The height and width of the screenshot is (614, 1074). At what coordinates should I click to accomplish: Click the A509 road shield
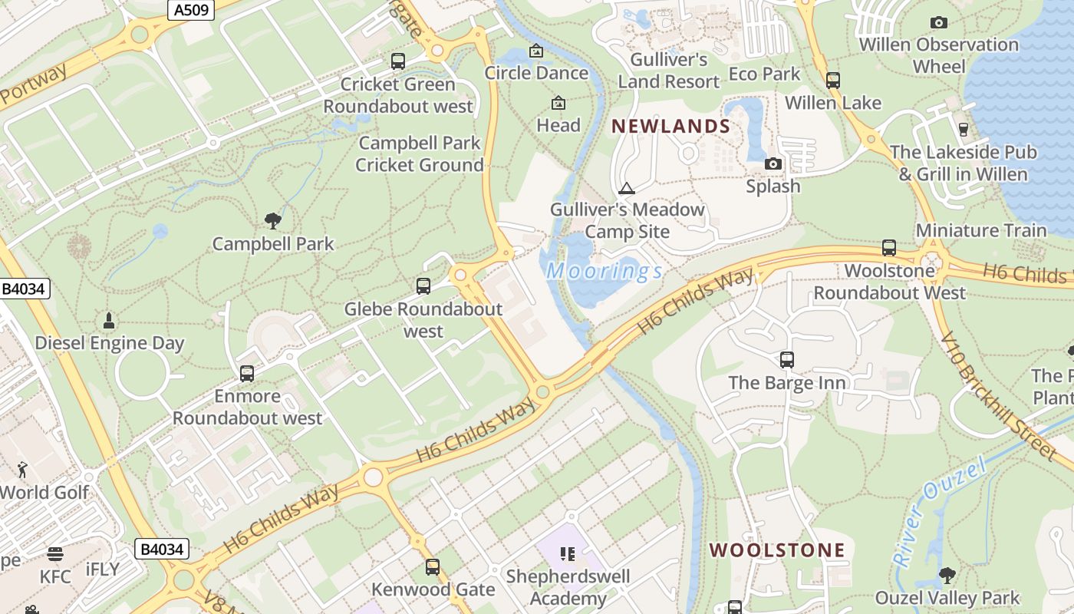pos(189,10)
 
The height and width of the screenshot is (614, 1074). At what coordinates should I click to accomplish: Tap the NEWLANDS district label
pos(670,127)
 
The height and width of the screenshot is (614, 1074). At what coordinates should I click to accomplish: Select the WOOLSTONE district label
pos(776,550)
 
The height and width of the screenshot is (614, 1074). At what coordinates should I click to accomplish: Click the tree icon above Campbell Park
pos(272,221)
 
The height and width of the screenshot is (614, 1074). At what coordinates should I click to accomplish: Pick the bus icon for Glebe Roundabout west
pos(423,286)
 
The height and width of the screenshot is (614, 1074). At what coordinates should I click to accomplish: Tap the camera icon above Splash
pos(773,163)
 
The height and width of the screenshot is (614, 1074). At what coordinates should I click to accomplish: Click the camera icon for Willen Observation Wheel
pos(938,22)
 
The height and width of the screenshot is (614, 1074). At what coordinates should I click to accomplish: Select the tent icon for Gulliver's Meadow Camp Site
pos(627,188)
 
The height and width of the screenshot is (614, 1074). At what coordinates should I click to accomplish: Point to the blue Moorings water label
pos(605,271)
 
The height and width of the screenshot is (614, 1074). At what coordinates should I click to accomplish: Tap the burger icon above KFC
pos(54,553)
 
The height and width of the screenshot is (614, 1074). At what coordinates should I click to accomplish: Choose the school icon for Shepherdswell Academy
pos(568,553)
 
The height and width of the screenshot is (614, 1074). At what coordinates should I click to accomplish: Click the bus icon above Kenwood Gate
pos(433,567)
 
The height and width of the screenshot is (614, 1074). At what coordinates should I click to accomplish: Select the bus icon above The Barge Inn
pos(786,359)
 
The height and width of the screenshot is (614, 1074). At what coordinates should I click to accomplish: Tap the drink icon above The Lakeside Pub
pos(964,129)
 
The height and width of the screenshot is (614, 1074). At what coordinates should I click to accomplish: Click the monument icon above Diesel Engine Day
pos(109,319)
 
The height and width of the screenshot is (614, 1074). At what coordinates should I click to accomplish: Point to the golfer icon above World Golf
pos(23,469)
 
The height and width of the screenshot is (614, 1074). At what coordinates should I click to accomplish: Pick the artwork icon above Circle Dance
pos(536,51)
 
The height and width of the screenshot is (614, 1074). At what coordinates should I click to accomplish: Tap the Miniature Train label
pos(980,230)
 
